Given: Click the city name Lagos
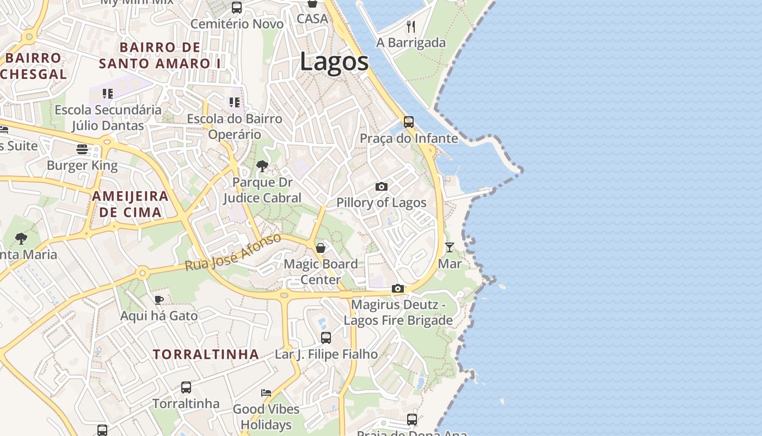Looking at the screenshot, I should pos(334,62).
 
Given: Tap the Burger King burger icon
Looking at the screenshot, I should pos(82,149).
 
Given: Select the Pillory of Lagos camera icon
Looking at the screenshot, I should pos(382,187).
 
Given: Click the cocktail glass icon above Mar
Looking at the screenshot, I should pos(450,247).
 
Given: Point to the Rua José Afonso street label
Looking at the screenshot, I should pos(233,253).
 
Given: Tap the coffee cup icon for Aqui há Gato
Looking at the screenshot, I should pos(159,300).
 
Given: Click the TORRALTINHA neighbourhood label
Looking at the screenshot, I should pos(206,354).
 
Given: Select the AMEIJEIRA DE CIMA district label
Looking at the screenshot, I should pos(130,204).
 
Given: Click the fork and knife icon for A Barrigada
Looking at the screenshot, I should pos(411,26).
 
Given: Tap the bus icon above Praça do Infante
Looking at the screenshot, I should pos(409,122).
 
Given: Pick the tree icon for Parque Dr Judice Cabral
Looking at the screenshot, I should pos(262,166).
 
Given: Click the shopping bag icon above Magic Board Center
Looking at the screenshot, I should pos(321,248).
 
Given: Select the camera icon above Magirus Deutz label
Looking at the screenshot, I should pos(398,288).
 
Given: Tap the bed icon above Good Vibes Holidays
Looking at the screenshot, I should pos(266,392).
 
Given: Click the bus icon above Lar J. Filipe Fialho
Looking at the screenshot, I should pos(325,338).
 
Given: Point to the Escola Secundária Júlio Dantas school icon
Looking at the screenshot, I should pos(108,94).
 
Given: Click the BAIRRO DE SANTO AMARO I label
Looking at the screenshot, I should pos(161,55).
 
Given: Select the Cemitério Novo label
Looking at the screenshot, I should pos(237,24).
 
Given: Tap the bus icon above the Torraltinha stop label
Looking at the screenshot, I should pos(186,387).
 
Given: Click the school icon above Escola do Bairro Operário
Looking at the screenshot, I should pos(235,102).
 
